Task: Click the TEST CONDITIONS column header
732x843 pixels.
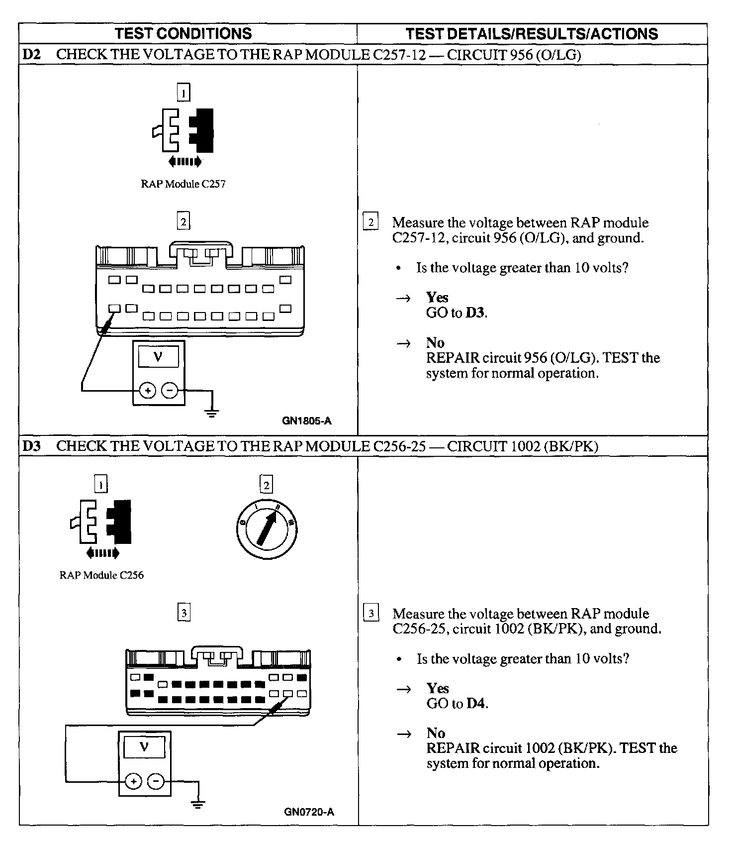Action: click(183, 33)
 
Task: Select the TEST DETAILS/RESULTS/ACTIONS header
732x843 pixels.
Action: click(532, 33)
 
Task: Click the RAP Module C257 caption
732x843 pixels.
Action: click(183, 184)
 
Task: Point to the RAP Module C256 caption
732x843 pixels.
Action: click(101, 575)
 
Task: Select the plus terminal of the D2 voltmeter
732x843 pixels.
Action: click(148, 391)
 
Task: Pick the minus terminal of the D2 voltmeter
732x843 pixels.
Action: click(170, 391)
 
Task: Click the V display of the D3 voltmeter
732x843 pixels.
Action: click(144, 747)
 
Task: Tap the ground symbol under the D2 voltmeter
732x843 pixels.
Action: click(212, 412)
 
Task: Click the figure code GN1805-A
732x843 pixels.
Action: click(307, 421)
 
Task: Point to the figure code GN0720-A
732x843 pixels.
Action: click(309, 812)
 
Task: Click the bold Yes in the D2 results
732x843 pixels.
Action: click(437, 298)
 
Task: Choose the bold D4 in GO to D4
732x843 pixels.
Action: click(476, 704)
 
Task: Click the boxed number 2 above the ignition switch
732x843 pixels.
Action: click(267, 484)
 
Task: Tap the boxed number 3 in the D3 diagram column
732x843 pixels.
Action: click(184, 613)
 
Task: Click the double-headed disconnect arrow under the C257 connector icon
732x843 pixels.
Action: click(184, 161)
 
